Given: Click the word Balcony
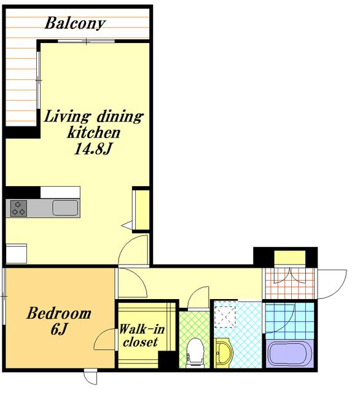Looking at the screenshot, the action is tap(75, 23).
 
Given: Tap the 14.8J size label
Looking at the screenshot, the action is tap(93, 149).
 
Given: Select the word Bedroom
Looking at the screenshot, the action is tap(59, 313).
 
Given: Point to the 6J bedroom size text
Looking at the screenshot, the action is tap(59, 329).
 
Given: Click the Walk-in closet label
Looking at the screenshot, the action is tap(141, 335).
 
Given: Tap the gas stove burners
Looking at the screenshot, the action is tap(18, 208).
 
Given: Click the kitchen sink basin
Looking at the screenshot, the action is tap(65, 208).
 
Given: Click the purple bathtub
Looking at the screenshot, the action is tap(289, 354).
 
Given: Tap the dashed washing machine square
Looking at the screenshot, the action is tap(225, 314).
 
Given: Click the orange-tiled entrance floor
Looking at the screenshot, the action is tap(289, 283).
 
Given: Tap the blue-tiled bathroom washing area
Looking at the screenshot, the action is tap(289, 321).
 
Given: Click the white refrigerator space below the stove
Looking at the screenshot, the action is tap(16, 253).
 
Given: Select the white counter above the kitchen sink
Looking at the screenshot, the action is tap(60, 192).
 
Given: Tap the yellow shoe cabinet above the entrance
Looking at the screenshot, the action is tap(289, 257).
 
